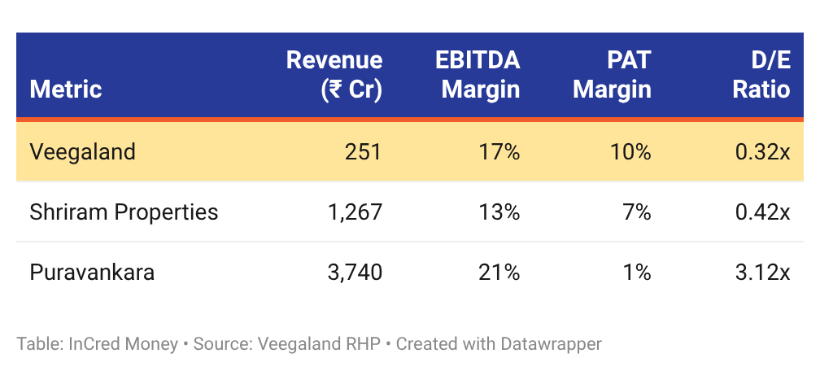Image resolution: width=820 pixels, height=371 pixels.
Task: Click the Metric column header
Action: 65,89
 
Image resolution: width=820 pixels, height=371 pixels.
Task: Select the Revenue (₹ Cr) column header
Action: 334,75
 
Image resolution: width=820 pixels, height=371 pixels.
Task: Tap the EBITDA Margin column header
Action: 478,75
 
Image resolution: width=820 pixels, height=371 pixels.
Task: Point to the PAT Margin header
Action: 612,75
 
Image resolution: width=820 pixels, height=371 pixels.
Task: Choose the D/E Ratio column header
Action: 761,75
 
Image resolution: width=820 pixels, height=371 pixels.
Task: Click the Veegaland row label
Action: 83,152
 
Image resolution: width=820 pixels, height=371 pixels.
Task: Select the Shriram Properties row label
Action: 124,212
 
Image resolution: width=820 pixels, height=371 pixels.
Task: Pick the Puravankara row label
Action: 92,273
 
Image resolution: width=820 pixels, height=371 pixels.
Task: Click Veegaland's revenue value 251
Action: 364,152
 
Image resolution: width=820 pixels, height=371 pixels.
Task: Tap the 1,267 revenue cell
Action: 355,212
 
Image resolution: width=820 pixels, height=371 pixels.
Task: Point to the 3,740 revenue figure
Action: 355,273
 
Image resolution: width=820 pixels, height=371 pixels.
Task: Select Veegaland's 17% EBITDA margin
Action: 499,152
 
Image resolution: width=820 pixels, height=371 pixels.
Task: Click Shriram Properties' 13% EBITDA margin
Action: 499,212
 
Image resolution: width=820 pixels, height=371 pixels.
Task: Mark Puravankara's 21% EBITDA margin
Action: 499,273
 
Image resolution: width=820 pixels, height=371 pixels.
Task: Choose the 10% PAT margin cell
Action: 630,152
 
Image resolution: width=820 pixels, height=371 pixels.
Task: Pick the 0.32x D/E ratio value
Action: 763,152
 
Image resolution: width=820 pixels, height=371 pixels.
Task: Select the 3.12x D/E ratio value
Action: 763,273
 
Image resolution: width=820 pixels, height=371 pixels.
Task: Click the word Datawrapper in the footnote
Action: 552,344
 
